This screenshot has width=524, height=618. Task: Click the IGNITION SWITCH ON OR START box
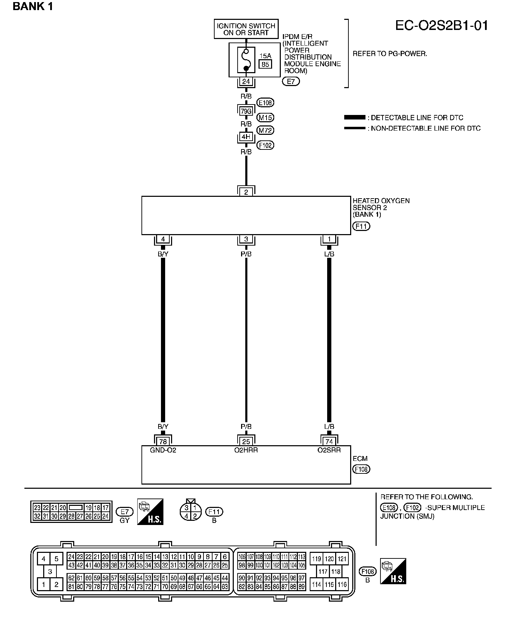pos(246,29)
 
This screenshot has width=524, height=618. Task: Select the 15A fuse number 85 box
pos(265,64)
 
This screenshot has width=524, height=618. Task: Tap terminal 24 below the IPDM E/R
pos(246,82)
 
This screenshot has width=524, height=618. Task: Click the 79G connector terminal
pos(246,111)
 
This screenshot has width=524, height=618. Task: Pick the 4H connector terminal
pos(246,137)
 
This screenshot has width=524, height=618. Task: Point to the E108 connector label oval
pos(265,103)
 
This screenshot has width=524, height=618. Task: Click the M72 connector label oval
pos(265,130)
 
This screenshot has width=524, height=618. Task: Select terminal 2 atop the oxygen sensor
pos(246,192)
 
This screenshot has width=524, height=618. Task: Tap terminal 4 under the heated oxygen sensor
pos(163,239)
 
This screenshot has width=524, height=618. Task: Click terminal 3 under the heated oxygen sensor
pos(246,239)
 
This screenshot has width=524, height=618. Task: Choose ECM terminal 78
pos(163,441)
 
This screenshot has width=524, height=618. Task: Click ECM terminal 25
pos(246,441)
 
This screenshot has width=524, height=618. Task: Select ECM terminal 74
pos(329,441)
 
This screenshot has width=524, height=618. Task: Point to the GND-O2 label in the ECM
pos(163,450)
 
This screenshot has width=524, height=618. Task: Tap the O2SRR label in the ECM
pos(329,450)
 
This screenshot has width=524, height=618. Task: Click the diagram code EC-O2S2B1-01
pos(441,26)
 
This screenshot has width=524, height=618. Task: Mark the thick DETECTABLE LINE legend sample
pos(355,118)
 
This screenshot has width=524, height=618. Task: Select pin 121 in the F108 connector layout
pos(342,559)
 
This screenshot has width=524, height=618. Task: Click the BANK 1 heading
pos(33,7)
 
